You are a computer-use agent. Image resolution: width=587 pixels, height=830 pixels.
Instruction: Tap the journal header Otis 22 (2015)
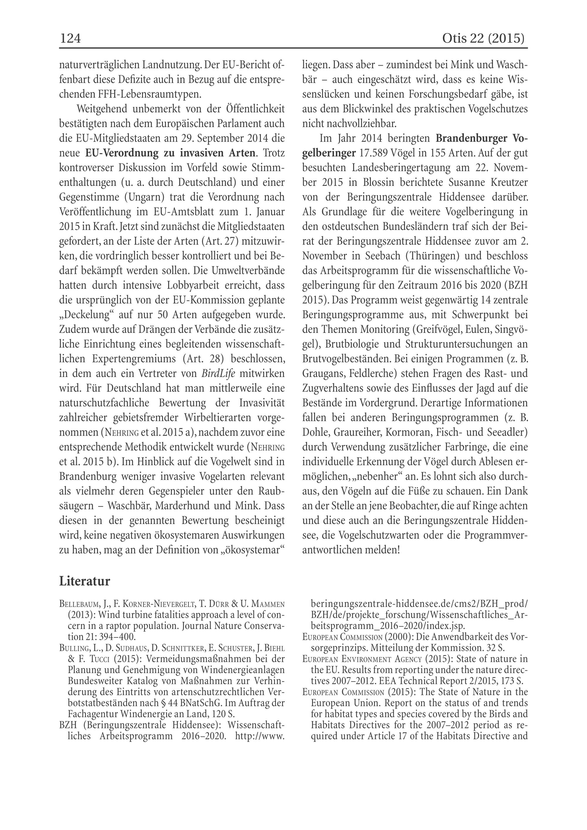click(x=483, y=38)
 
